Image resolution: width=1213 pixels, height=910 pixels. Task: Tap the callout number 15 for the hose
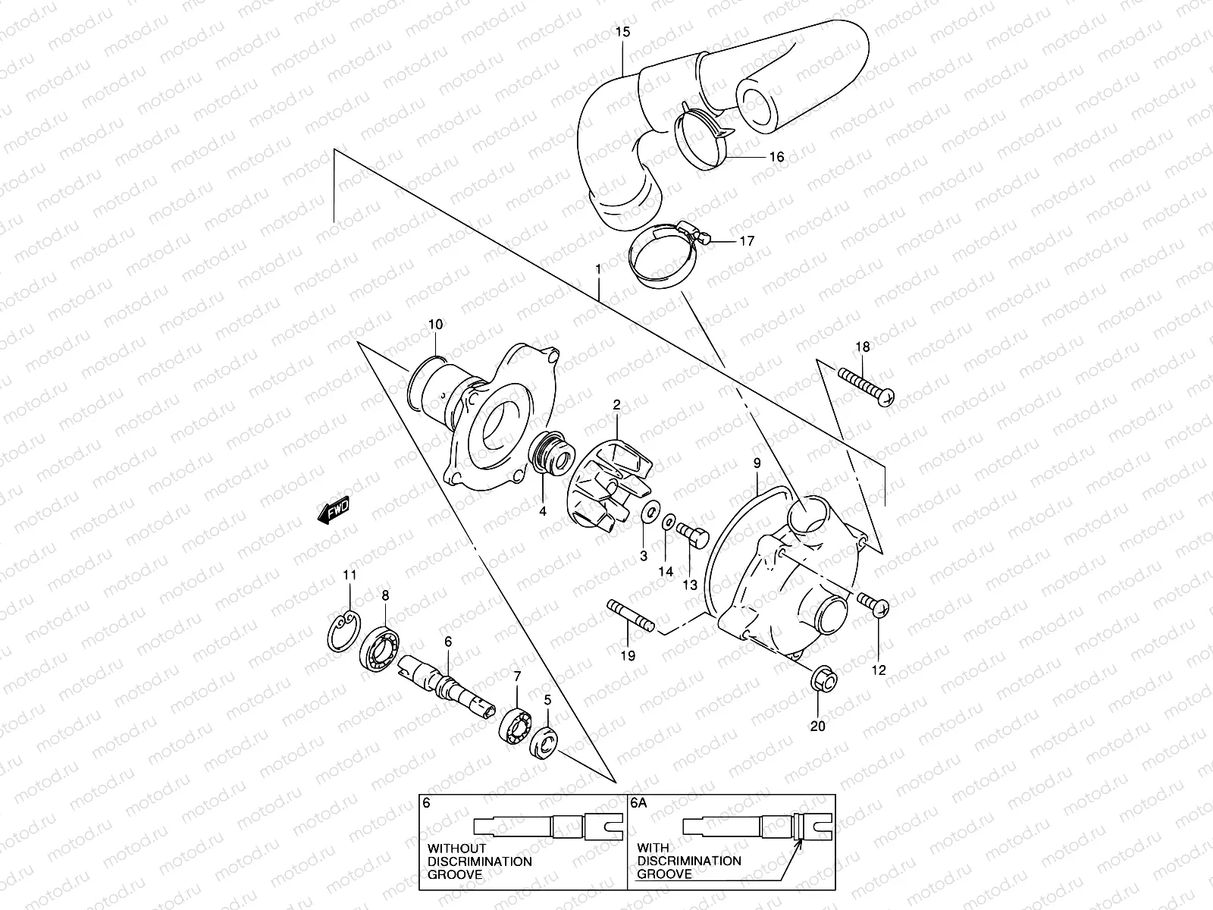pos(622,32)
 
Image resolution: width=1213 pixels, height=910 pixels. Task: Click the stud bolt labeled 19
pos(629,615)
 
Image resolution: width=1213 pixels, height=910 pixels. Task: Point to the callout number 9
pos(756,462)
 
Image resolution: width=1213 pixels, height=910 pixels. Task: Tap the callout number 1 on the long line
pos(598,269)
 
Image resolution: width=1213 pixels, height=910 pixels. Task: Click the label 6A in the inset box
pos(639,806)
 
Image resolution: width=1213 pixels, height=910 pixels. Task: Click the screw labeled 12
pos(874,604)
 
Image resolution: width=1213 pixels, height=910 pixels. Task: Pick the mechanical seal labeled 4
pos(551,461)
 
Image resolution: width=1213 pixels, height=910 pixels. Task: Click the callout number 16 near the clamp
pos(776,157)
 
